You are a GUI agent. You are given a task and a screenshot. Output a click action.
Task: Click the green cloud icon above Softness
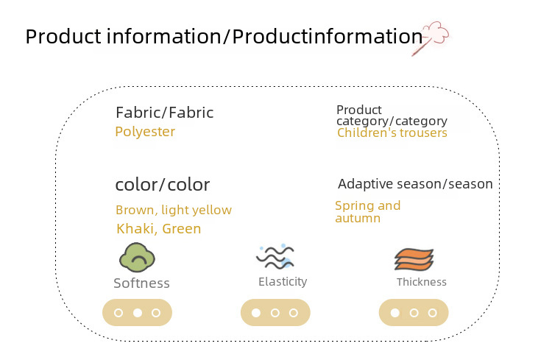(x=137, y=258)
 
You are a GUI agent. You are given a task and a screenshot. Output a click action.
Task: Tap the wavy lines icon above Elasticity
(x=275, y=257)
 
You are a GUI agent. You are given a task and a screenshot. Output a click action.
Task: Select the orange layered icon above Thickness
(x=414, y=260)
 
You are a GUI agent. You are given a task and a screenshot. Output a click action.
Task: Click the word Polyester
(x=145, y=132)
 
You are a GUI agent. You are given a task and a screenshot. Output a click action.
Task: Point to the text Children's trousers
(x=392, y=133)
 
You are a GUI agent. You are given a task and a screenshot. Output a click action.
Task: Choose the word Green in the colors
(x=182, y=229)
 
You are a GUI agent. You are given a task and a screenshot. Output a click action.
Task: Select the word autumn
(x=358, y=219)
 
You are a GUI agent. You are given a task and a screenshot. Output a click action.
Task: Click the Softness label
(x=141, y=283)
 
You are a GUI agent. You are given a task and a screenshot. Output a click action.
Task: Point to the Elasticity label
(x=283, y=281)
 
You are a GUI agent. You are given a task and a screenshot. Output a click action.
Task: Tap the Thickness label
(x=422, y=282)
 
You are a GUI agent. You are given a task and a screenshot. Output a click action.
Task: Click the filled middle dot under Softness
(x=138, y=313)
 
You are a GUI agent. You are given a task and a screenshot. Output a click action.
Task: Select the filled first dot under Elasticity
(x=256, y=313)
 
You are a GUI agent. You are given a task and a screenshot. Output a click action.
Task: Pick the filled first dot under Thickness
(x=395, y=313)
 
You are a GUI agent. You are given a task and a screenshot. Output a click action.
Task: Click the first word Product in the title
(x=63, y=36)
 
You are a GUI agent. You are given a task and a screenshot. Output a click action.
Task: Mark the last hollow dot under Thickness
(x=433, y=313)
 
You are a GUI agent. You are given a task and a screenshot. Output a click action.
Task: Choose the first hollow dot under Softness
(x=118, y=313)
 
